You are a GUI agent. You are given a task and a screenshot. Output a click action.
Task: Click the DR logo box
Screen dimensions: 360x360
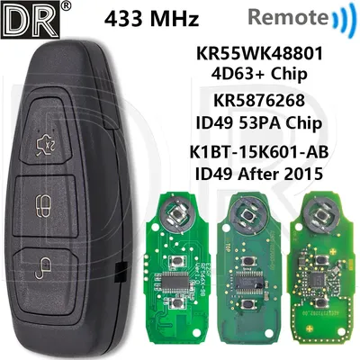30,20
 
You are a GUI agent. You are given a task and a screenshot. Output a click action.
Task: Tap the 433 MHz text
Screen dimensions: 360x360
152,19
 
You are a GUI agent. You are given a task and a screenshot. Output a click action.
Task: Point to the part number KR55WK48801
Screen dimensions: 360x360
259,53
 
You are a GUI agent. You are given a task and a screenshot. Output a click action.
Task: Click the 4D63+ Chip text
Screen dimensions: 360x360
259,74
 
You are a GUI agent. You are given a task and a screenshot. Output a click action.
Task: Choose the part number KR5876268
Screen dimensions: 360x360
259,100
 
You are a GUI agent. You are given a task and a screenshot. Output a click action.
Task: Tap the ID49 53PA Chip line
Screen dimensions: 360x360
259,122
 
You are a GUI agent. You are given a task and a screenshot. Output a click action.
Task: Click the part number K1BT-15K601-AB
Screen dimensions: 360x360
259,151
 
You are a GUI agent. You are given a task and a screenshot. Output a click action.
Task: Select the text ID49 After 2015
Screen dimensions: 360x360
259,173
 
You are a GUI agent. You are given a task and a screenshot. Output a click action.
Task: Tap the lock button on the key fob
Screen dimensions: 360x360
45,205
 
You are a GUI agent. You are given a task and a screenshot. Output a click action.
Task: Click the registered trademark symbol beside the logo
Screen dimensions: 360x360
67,5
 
